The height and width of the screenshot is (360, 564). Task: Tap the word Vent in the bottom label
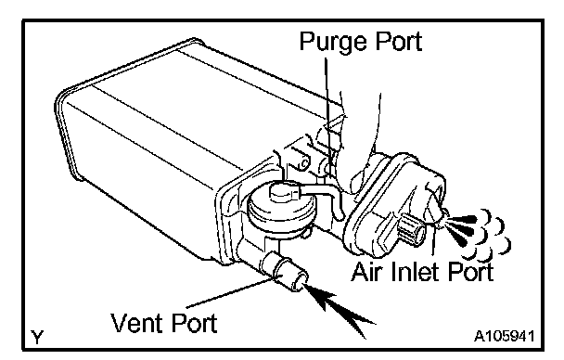click(x=136, y=322)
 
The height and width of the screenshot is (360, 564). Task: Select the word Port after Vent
click(x=194, y=323)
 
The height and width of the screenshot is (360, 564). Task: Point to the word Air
click(x=366, y=271)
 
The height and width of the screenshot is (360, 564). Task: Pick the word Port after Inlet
click(x=469, y=271)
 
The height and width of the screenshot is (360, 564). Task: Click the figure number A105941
click(x=504, y=336)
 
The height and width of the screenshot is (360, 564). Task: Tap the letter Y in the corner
click(x=37, y=337)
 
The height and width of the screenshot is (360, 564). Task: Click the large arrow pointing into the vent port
click(x=337, y=309)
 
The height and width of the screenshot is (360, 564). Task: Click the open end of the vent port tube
click(x=300, y=281)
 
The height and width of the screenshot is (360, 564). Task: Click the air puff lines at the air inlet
click(x=479, y=233)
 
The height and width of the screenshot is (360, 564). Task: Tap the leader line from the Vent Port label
click(x=230, y=292)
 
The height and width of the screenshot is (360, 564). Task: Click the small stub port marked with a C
click(x=300, y=159)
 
